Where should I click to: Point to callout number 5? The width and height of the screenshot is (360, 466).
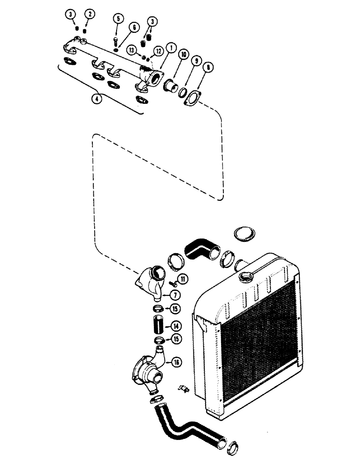(x=118, y=19)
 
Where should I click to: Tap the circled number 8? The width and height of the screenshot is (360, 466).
(x=208, y=67)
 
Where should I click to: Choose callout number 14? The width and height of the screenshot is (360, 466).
(x=177, y=326)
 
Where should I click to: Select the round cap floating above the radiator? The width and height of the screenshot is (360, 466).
(x=244, y=235)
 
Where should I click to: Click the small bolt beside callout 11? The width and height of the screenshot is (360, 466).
(x=173, y=282)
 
